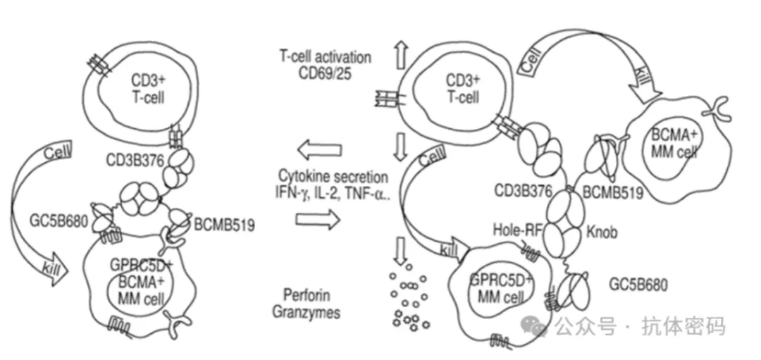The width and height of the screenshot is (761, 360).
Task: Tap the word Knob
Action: click(x=601, y=231)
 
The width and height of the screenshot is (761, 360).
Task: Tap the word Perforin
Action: click(x=306, y=295)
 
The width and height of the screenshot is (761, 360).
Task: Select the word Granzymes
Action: click(x=306, y=311)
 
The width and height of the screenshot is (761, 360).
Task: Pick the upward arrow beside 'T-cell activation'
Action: click(x=402, y=54)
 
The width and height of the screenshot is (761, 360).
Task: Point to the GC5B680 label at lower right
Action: click(x=637, y=285)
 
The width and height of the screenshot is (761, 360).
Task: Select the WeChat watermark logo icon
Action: click(x=539, y=326)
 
